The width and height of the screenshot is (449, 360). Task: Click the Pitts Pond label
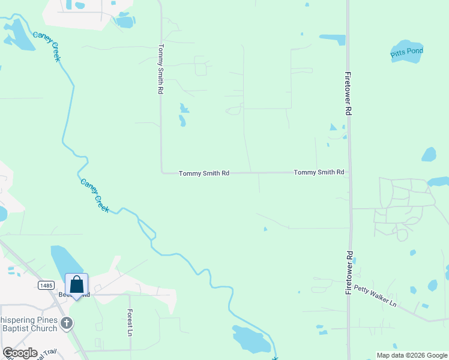[x=407, y=52]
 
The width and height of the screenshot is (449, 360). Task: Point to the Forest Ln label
[x=129, y=322]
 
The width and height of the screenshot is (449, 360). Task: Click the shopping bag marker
[x=77, y=284]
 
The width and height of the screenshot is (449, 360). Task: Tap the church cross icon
[x=67, y=323]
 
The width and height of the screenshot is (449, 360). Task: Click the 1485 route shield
[x=45, y=286]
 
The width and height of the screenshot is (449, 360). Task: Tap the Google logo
[x=20, y=353]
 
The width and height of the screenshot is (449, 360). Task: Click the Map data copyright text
[x=411, y=355]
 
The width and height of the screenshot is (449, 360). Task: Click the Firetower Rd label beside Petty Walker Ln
[x=348, y=272]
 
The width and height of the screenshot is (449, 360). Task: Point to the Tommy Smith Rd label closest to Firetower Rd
[x=319, y=172]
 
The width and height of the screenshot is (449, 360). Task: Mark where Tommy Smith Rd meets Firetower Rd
[x=349, y=172]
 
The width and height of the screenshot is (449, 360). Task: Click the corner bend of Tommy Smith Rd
[x=161, y=173]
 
